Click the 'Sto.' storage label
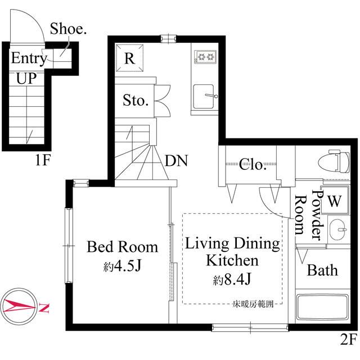coord(136,101)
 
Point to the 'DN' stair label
coord(176,161)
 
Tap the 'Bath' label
coord(322,271)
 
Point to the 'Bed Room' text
coord(122,247)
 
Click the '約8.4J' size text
coord(232,278)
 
